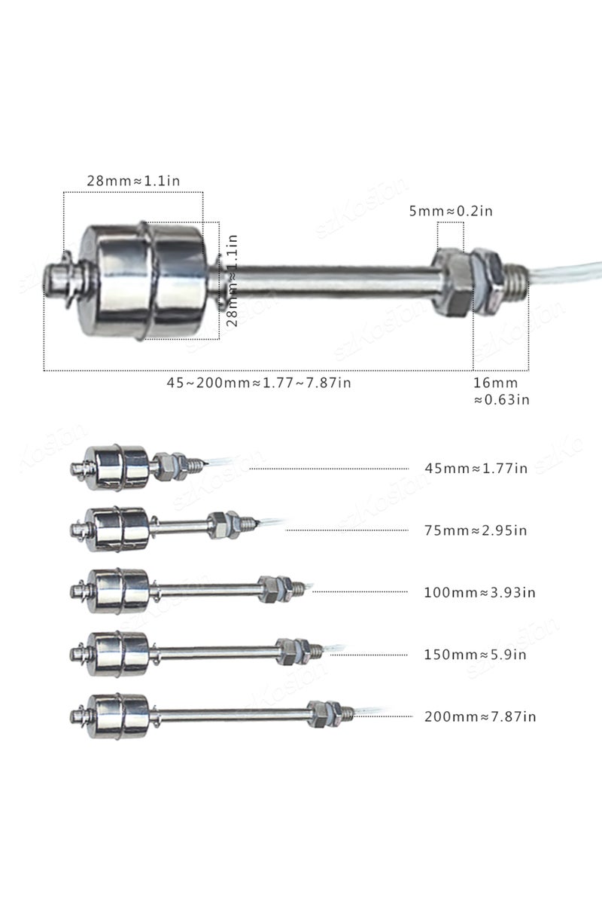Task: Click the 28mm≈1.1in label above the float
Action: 132,181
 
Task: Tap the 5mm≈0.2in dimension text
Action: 450,211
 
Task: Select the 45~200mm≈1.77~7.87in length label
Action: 258,383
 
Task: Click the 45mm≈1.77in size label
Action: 476,468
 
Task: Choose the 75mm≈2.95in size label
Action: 476,530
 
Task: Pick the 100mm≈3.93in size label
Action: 479,592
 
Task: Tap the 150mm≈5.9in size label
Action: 475,654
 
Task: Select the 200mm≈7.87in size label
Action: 479,716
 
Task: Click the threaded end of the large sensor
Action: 515,279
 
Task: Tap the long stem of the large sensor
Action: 331,281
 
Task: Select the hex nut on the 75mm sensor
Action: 221,521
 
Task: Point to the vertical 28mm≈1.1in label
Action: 232,279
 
